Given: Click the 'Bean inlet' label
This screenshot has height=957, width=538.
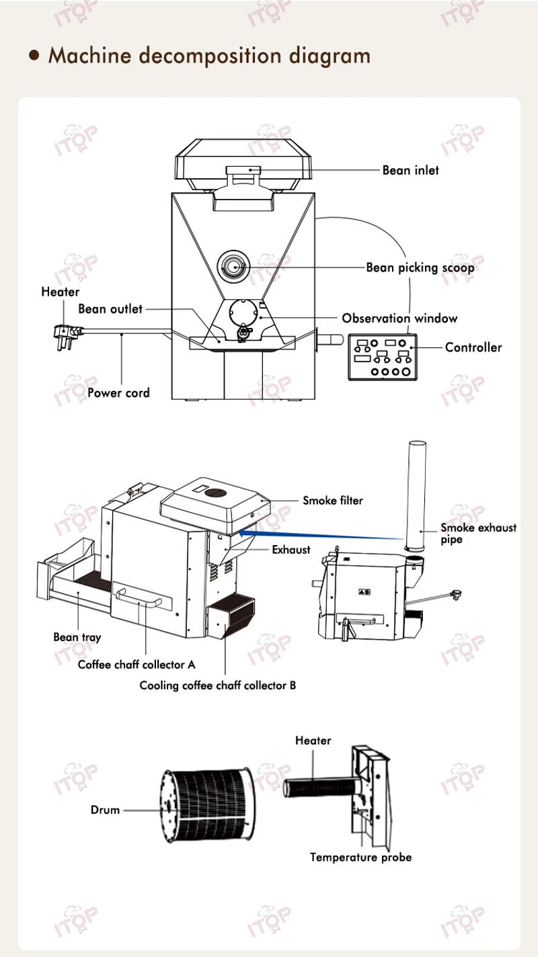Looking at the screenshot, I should click(x=410, y=170).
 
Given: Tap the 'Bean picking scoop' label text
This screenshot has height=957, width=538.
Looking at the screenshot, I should click(x=420, y=267).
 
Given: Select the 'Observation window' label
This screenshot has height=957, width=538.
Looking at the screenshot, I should click(x=399, y=318).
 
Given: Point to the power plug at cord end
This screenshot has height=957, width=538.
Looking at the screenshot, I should click(x=64, y=331).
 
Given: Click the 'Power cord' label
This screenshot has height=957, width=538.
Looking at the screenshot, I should click(x=118, y=392).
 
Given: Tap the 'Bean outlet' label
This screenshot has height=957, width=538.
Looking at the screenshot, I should click(x=110, y=308).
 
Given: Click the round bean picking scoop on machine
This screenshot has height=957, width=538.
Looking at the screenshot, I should click(x=233, y=267).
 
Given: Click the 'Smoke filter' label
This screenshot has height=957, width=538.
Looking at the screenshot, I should click(x=332, y=500).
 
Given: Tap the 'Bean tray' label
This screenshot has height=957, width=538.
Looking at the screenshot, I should click(x=77, y=636).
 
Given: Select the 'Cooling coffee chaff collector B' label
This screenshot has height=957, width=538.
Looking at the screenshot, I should click(x=217, y=685).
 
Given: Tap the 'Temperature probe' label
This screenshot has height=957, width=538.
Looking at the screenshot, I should click(x=360, y=857).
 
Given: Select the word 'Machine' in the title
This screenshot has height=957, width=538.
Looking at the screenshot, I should click(x=91, y=55).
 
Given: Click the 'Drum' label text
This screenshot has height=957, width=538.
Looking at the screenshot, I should click(x=105, y=810).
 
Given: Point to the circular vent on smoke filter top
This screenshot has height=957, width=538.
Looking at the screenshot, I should click(x=216, y=493).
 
